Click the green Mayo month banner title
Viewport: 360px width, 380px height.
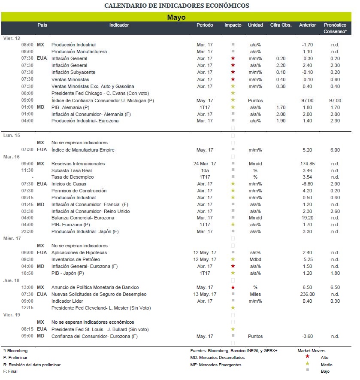coord(176,17)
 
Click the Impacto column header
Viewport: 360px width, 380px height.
coord(233,25)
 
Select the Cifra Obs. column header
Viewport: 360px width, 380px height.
coord(281,25)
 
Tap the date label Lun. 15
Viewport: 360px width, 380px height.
coord(12,136)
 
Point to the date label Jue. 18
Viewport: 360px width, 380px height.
coord(12,280)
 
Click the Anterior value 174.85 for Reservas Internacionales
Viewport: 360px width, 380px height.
coord(307,164)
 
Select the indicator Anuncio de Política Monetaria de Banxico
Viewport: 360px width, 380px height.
coord(95,287)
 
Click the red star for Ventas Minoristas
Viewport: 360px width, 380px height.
coord(233,79)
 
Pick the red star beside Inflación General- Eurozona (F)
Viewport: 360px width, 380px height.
coord(233,266)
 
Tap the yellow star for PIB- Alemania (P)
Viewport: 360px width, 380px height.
coord(233,107)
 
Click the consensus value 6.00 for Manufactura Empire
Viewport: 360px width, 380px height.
coord(335,150)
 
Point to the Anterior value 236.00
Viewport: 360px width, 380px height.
coord(307,294)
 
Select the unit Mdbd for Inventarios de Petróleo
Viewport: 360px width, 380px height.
coord(255,259)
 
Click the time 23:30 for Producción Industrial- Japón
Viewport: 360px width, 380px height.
coord(27,231)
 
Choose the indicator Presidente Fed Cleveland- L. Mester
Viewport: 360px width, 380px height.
coord(101,308)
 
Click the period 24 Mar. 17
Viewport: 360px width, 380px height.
coord(205,164)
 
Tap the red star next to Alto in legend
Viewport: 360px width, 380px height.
coord(307,356)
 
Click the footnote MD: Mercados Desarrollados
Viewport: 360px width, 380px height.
coord(217,358)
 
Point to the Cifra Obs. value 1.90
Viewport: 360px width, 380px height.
coord(281,121)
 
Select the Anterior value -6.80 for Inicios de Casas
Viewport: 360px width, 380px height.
coord(307,184)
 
